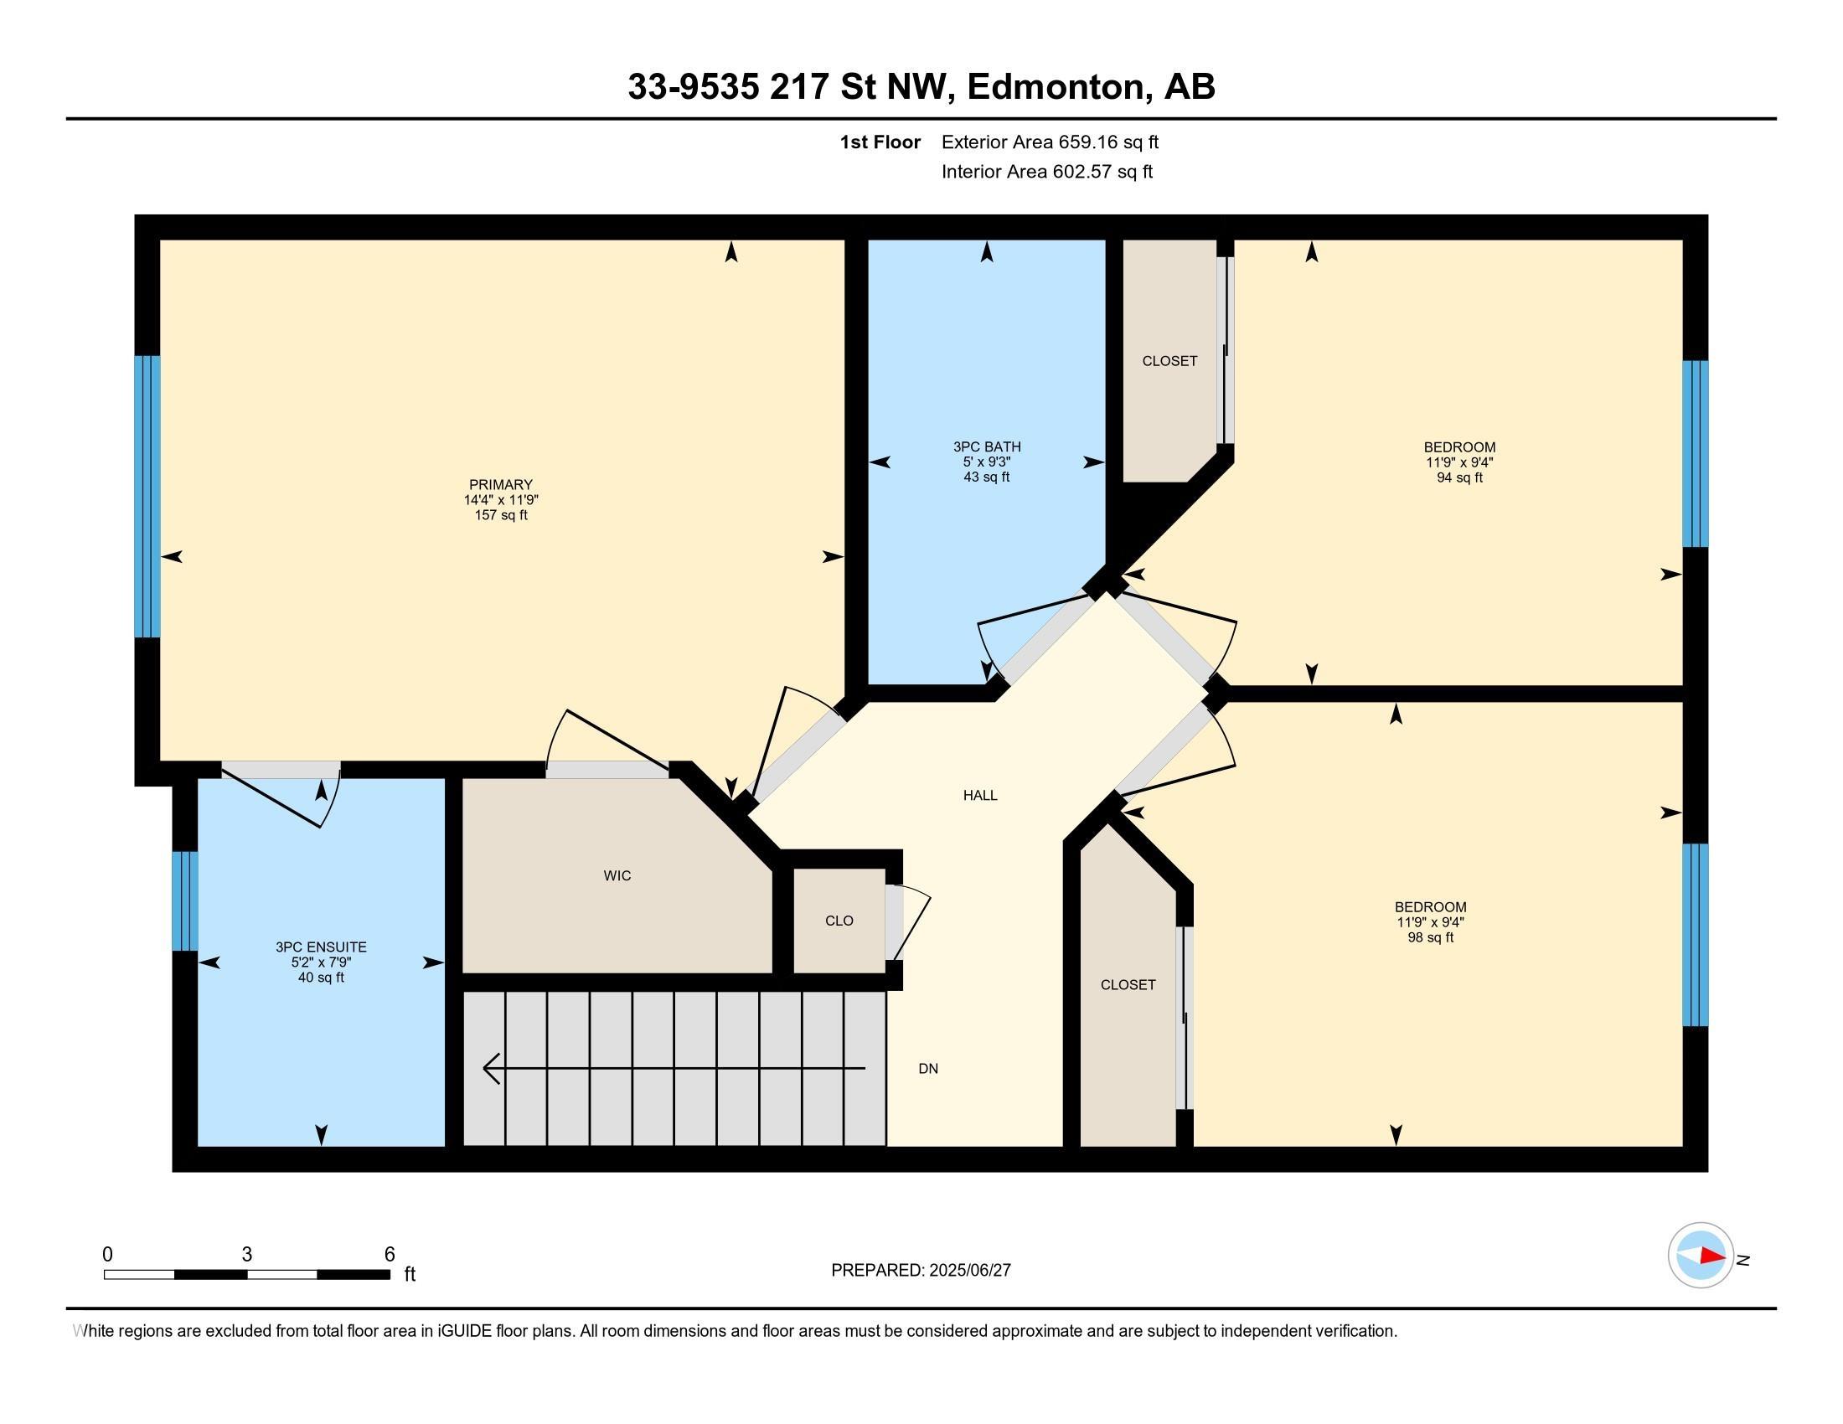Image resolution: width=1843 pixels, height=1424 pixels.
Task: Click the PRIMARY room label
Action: (x=500, y=484)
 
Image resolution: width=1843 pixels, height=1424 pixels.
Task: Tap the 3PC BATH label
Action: (x=987, y=446)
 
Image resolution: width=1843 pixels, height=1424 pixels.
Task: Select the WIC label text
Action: (x=617, y=875)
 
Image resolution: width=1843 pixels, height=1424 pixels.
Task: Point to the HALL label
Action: (x=980, y=795)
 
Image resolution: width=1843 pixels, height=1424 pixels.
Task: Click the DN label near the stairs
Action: (x=928, y=1068)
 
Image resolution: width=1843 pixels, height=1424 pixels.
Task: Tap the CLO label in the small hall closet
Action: (x=839, y=921)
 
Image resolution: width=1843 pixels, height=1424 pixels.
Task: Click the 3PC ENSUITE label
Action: (x=321, y=947)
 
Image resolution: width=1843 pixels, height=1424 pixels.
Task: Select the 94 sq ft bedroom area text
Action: (x=1459, y=477)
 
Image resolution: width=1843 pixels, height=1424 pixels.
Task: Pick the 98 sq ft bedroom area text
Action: (x=1430, y=937)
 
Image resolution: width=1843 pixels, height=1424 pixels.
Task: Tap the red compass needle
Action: (x=1712, y=1256)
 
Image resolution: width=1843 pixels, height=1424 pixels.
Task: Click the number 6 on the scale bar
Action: (x=389, y=1255)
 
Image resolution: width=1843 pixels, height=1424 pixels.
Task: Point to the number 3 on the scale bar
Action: (x=246, y=1255)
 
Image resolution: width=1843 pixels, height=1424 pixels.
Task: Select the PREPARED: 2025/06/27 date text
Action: (x=921, y=1271)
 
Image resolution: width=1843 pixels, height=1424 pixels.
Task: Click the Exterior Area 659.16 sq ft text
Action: (x=1050, y=142)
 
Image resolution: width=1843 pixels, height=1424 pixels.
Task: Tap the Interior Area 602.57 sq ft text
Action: (x=1046, y=171)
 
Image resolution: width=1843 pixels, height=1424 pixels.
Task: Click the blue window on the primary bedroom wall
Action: (x=147, y=496)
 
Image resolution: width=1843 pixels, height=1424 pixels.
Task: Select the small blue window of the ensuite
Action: (x=185, y=901)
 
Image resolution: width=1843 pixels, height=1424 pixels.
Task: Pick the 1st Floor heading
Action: (x=880, y=142)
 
